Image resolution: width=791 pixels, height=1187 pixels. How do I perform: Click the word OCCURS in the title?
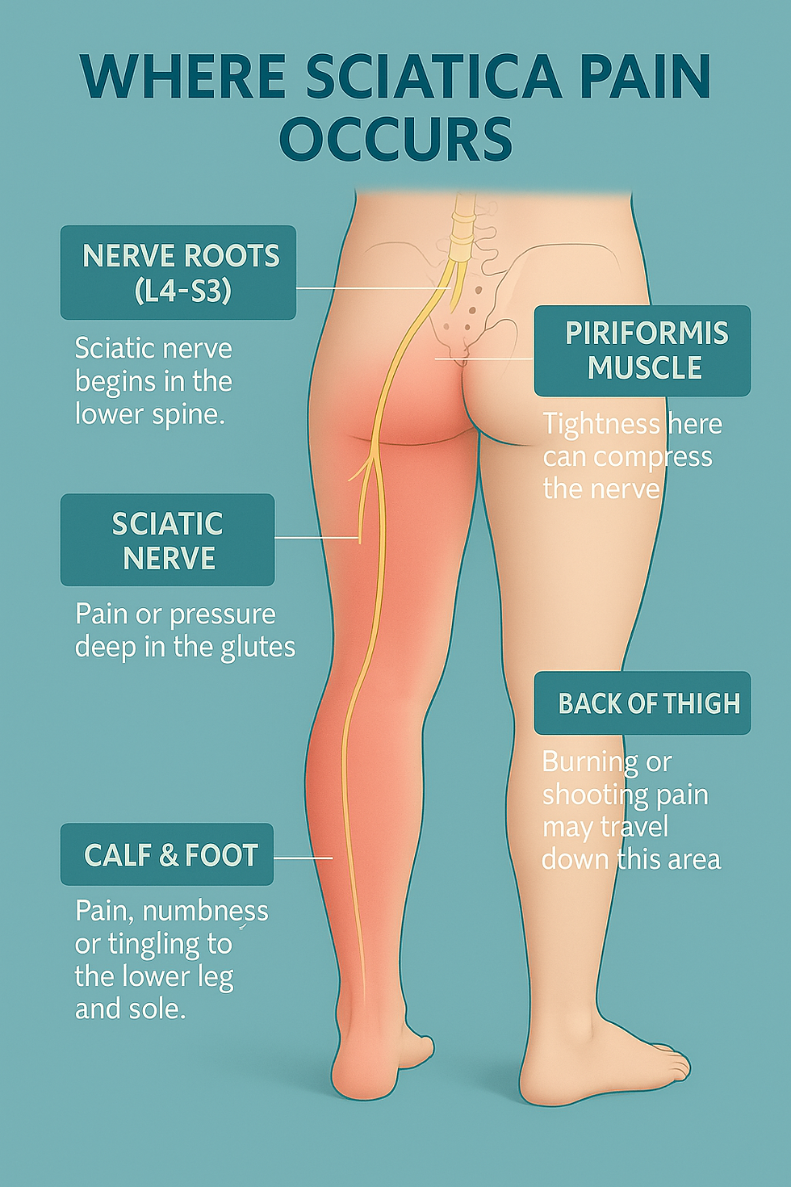click(x=395, y=140)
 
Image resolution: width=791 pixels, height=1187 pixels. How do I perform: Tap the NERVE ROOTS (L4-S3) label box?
click(x=178, y=272)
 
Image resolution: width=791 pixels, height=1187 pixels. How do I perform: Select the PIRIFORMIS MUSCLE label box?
click(x=642, y=350)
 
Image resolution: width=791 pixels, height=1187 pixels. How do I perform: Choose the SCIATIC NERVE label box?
click(x=167, y=540)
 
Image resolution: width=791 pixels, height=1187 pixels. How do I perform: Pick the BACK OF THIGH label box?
click(x=642, y=703)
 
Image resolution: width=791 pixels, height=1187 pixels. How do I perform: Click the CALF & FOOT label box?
click(x=167, y=854)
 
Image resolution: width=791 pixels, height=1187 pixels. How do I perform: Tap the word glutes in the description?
click(x=258, y=648)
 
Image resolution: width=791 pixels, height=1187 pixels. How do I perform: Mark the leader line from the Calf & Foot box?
click(x=303, y=858)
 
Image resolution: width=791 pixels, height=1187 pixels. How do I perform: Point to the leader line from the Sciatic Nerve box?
click(x=316, y=538)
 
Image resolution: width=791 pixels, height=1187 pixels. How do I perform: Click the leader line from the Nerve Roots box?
click(x=371, y=287)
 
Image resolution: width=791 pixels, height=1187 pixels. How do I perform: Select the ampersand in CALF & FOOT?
click(x=169, y=855)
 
